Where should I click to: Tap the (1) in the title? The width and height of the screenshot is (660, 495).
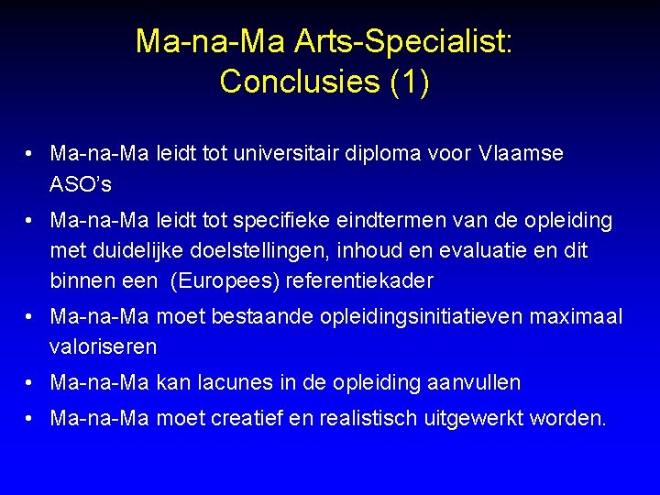pyautogui.click(x=409, y=82)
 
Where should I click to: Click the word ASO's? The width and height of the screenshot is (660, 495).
pyautogui.click(x=82, y=184)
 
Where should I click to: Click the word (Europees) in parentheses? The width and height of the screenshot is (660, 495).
pyautogui.click(x=225, y=280)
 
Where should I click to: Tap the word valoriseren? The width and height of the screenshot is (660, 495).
pyautogui.click(x=104, y=346)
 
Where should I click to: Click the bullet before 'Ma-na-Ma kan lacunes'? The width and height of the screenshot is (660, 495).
pyautogui.click(x=31, y=381)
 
